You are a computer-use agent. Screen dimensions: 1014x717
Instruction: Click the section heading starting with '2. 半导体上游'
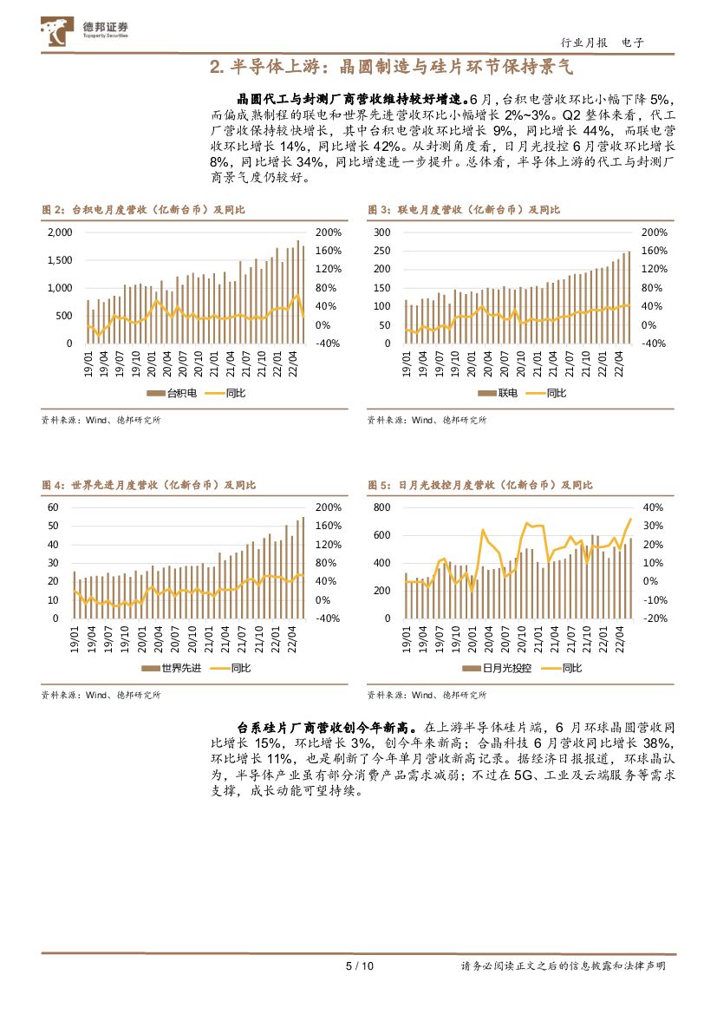393,67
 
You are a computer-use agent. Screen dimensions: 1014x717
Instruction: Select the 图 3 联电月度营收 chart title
464,210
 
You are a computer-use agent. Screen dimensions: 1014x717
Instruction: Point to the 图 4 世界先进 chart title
149,485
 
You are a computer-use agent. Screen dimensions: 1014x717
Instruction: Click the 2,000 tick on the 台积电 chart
58,232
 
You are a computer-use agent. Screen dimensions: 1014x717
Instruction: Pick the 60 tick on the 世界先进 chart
52,507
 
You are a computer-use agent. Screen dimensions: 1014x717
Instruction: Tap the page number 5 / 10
358,966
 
